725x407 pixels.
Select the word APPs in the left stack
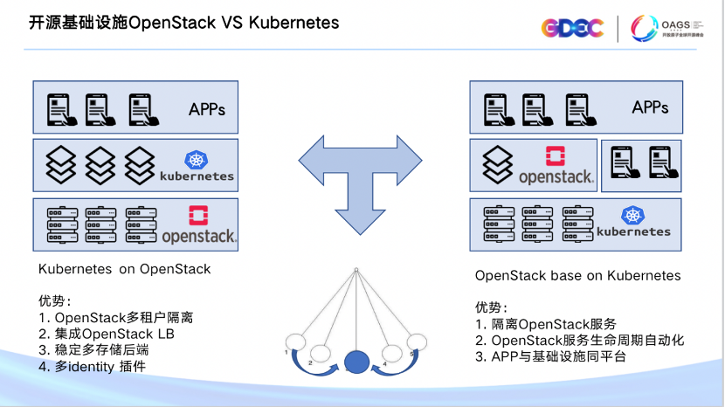(207, 109)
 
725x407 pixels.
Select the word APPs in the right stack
(651, 108)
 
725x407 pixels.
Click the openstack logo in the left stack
(199, 225)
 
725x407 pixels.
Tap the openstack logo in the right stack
(556, 166)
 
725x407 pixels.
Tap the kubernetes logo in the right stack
(633, 222)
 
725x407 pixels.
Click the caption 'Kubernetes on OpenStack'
(125, 269)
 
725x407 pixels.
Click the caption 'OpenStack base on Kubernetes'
(577, 276)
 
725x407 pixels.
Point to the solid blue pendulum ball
(356, 362)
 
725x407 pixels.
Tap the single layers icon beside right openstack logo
(497, 163)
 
